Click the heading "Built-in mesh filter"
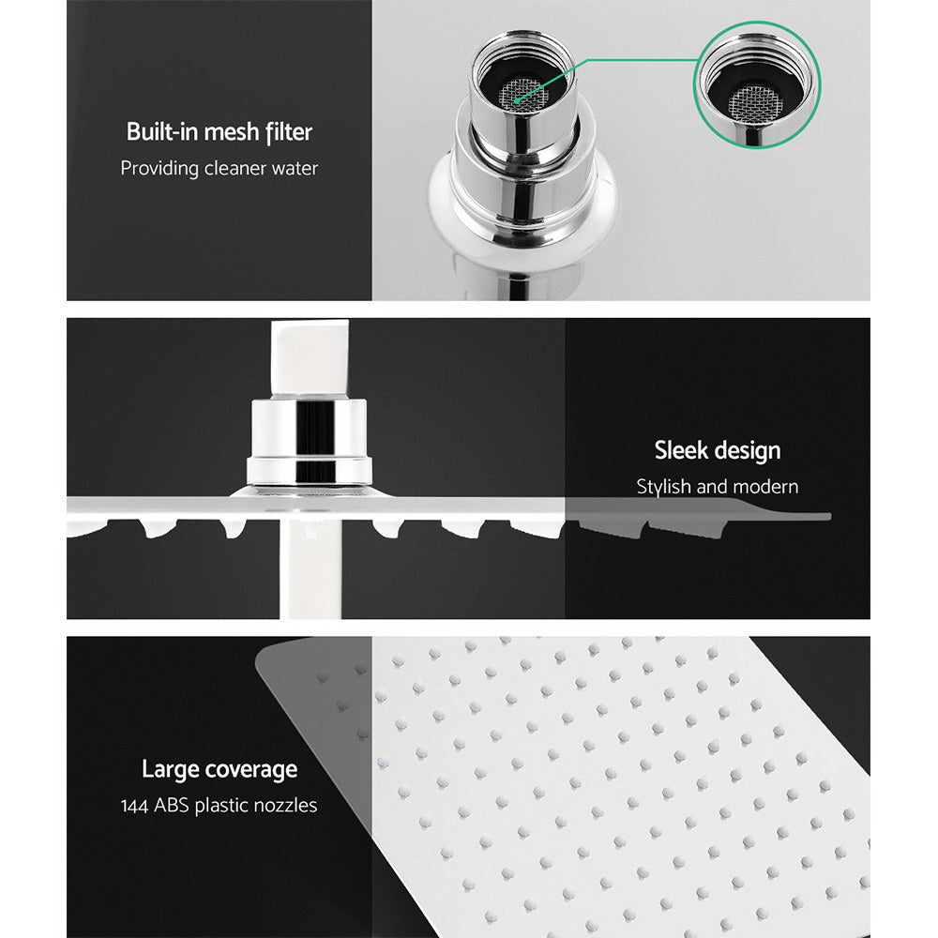219,132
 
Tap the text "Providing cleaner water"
219,169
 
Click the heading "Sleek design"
717,450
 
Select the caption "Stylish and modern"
717,487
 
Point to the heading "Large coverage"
219,770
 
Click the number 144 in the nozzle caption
138,806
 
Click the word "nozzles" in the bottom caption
285,806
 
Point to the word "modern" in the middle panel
766,487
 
